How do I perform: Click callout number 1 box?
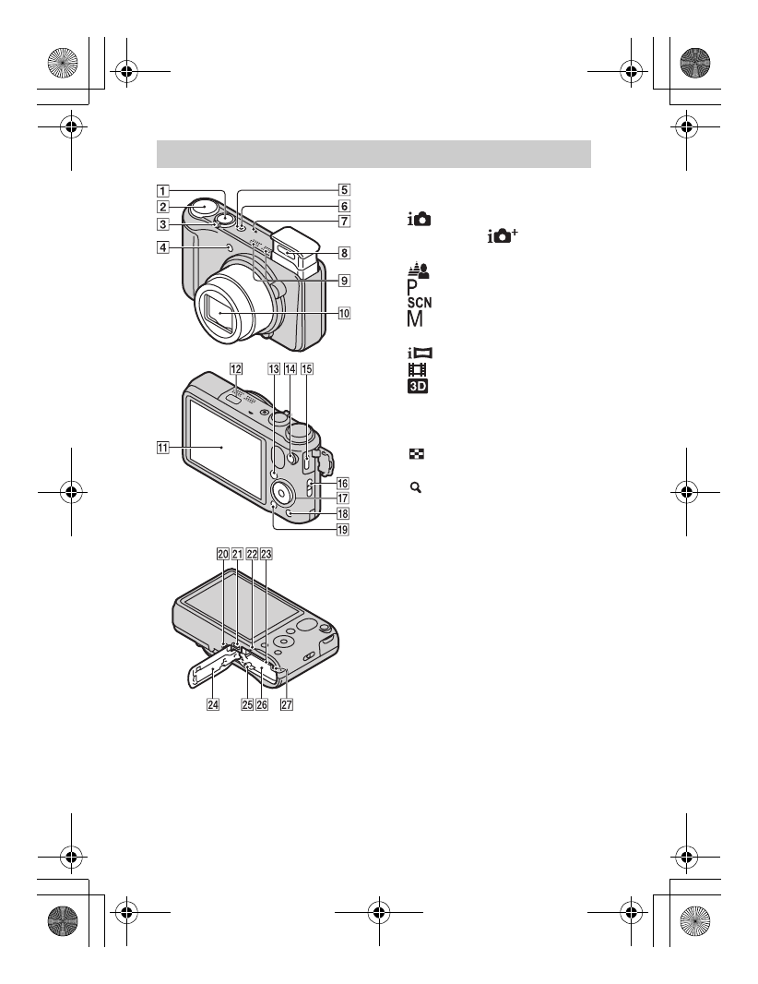162,192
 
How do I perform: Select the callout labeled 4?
162,246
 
